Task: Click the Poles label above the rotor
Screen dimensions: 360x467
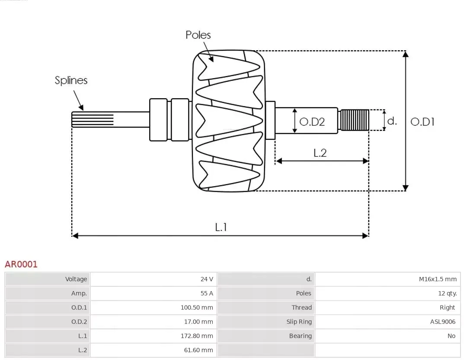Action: coord(198,35)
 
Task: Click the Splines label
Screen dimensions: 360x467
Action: coord(71,80)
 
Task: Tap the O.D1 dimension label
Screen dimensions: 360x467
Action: coord(422,122)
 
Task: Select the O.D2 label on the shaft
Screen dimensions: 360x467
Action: coord(312,122)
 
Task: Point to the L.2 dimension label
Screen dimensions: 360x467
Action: coord(320,153)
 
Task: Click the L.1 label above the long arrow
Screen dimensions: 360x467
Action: coord(221,227)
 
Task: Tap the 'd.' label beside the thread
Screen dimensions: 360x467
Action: coord(392,121)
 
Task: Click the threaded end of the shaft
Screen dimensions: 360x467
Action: coord(354,120)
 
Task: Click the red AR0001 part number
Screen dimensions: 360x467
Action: coord(21,264)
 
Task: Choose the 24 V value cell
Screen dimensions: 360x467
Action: coord(207,279)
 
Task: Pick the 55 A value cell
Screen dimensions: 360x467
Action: coord(207,293)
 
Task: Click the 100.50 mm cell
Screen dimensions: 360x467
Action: coord(197,308)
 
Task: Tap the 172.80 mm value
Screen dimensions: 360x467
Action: coord(197,336)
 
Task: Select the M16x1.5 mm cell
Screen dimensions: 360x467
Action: coord(438,279)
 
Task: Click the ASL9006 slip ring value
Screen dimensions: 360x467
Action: coord(442,321)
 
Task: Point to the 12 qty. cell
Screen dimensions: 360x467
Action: coord(447,293)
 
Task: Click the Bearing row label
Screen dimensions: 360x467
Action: coord(300,336)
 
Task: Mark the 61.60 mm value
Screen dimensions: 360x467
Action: coord(198,350)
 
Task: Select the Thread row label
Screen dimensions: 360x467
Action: coord(301,308)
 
